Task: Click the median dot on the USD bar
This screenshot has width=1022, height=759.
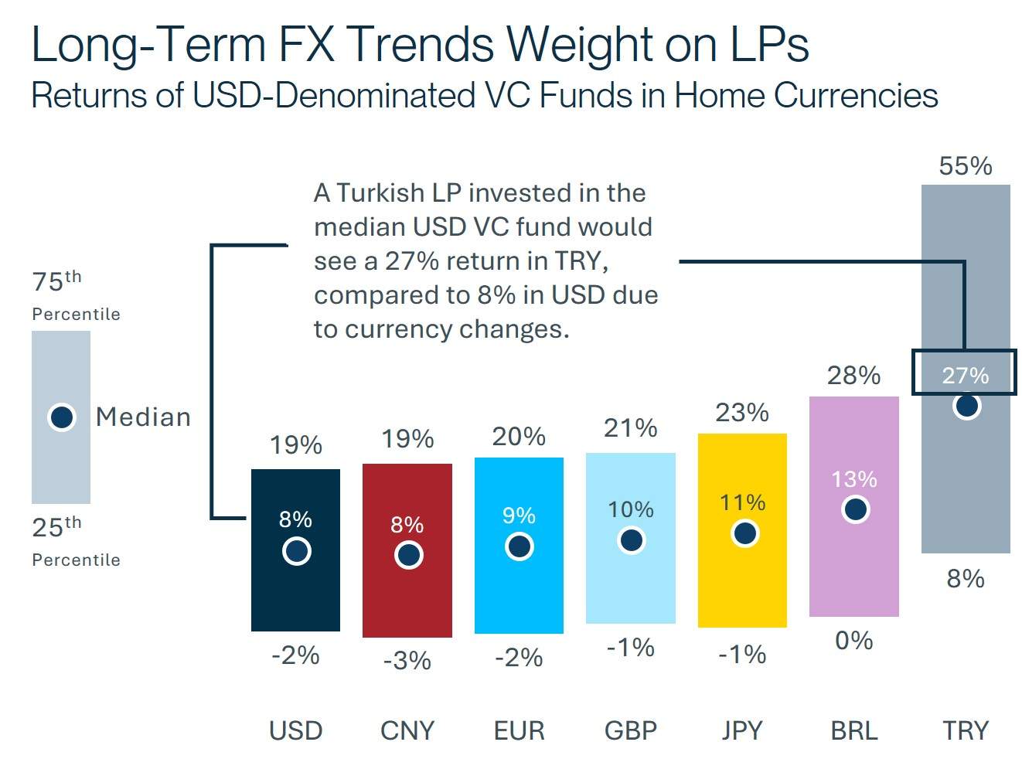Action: coord(296,551)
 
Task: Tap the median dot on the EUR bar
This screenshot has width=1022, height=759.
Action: coord(520,546)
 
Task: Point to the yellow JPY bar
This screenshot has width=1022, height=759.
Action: coord(742,587)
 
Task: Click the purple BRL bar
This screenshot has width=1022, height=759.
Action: coord(853,572)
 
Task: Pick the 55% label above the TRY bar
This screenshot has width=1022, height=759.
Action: coord(965,166)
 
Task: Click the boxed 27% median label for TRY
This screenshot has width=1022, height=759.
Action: coord(965,376)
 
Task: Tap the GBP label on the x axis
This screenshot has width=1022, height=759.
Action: coord(631,730)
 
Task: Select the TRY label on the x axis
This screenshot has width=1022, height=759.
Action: coord(966,730)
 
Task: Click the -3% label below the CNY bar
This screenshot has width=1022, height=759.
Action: coord(407,660)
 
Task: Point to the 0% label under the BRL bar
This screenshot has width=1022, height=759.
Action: coord(853,641)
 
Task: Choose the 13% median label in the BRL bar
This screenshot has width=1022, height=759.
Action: coord(853,479)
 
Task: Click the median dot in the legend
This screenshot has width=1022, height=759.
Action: coord(62,417)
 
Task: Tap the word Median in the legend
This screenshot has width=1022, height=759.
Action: coord(143,417)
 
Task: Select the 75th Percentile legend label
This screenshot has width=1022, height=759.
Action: coord(76,294)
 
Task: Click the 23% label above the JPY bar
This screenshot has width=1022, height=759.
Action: coord(742,413)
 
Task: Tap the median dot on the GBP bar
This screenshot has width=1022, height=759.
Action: coord(632,539)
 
